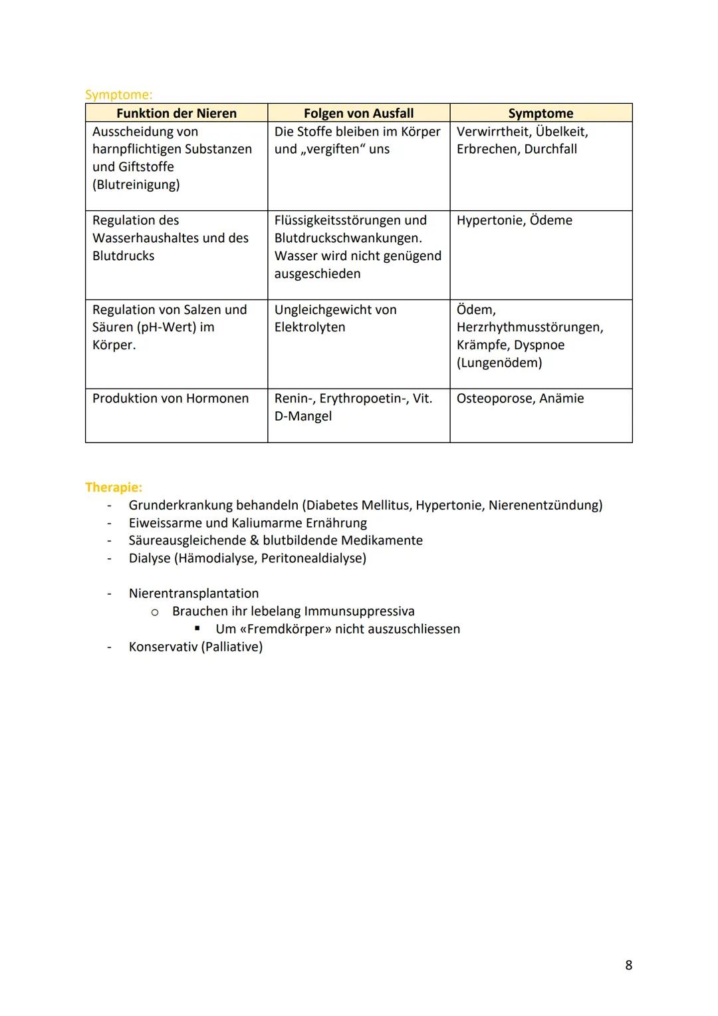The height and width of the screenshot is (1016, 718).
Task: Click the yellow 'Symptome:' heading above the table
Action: pos(118,94)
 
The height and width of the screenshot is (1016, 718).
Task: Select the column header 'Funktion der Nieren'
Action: pos(176,113)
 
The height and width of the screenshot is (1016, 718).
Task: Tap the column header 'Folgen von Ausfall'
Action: pos(358,113)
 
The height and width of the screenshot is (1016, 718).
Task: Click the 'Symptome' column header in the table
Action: pos(540,113)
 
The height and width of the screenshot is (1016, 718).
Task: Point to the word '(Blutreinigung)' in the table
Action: pos(136,184)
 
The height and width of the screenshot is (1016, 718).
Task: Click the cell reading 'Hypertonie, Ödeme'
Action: pos(514,220)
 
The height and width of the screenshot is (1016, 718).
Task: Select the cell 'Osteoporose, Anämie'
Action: pos(520,398)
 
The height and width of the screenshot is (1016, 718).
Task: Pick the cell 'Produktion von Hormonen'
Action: pos(170,398)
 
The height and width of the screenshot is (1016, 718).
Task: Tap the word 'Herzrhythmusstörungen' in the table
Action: pos(529,327)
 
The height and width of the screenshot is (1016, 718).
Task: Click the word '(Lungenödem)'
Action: pos(499,363)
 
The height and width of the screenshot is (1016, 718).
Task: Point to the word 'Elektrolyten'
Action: pos(310,327)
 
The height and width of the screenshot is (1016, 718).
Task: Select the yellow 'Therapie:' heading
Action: pos(114,487)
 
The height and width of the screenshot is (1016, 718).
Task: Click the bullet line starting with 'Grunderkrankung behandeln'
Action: pos(365,505)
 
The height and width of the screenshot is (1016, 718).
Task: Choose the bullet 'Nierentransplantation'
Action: pos(193,593)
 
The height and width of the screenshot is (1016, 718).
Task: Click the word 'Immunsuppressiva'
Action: pos(359,611)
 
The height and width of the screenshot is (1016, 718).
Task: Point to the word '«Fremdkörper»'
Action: pos(285,629)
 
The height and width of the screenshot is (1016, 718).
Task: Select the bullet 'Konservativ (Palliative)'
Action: pos(195,647)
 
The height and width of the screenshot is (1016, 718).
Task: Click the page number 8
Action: pos(628,965)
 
